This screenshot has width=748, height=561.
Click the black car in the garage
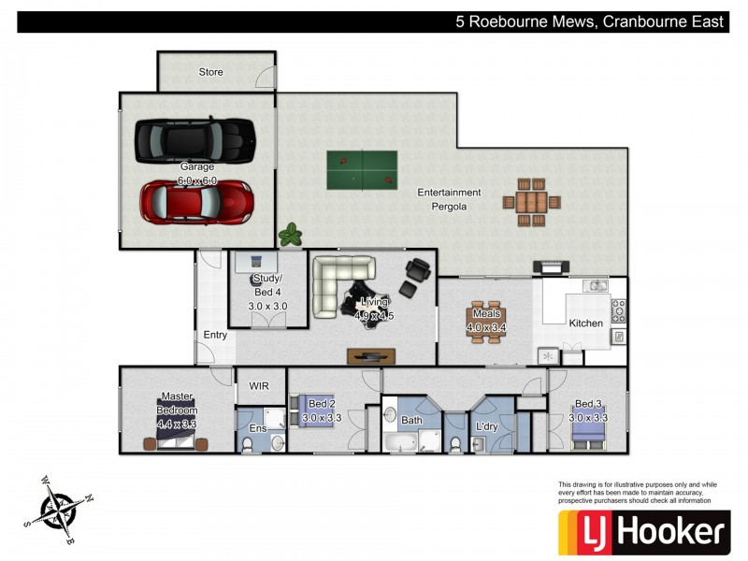(195, 140)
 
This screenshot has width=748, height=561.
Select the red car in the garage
(196, 199)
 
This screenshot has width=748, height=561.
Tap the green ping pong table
(362, 169)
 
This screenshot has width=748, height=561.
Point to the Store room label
(210, 72)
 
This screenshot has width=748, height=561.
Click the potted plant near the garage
(292, 235)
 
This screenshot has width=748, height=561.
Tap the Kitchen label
(586, 324)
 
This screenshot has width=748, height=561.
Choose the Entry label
(214, 335)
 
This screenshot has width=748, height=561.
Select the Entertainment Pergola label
(449, 199)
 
